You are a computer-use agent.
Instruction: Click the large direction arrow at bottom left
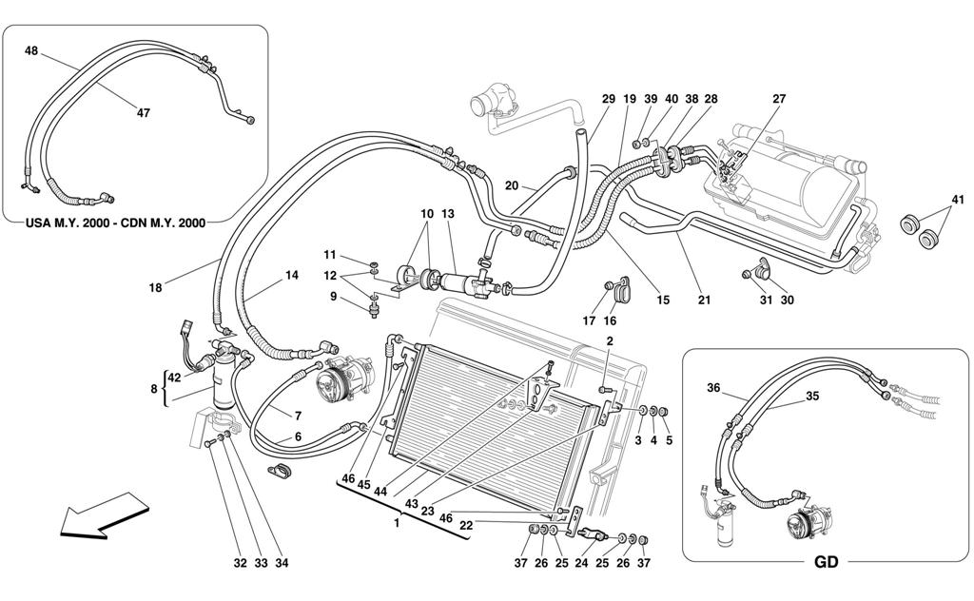(x=105, y=515)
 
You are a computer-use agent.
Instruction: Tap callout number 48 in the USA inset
(x=31, y=51)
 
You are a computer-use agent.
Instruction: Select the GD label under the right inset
(x=826, y=562)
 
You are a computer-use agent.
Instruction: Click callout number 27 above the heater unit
(x=779, y=99)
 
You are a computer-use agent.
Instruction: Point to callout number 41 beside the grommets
(x=957, y=200)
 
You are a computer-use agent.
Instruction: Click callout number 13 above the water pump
(x=448, y=214)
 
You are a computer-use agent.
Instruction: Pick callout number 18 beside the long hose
(x=155, y=287)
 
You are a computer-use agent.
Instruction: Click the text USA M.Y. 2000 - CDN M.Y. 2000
(x=115, y=223)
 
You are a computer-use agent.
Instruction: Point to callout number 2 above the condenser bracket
(x=610, y=340)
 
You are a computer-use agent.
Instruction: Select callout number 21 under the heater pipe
(x=703, y=300)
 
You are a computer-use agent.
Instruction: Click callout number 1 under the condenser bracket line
(x=397, y=523)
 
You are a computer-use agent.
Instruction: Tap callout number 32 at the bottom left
(x=241, y=563)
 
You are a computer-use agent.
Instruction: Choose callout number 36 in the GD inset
(x=713, y=388)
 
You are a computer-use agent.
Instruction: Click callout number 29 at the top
(x=608, y=99)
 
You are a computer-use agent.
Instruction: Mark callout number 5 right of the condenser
(x=669, y=440)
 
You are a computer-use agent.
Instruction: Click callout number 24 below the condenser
(x=581, y=563)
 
